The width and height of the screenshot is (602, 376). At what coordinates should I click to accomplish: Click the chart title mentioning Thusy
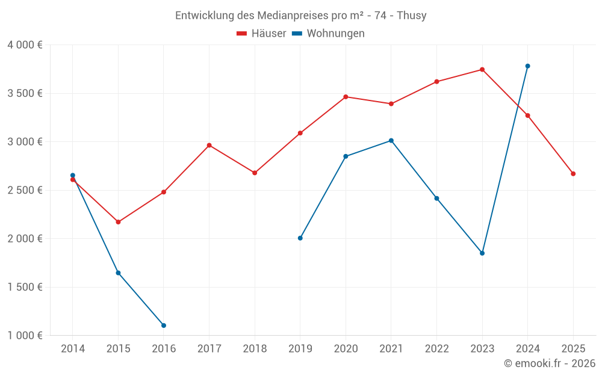click(x=300, y=16)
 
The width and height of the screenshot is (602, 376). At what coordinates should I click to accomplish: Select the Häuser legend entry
click(x=261, y=34)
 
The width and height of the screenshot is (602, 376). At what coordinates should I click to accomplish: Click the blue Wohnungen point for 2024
click(x=527, y=66)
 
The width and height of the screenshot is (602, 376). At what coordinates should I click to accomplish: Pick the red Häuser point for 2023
click(x=482, y=70)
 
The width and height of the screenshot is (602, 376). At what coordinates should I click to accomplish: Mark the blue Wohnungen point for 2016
click(x=164, y=325)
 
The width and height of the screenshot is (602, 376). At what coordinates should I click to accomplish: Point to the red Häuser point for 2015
click(x=118, y=222)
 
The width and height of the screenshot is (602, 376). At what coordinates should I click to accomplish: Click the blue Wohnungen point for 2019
click(x=300, y=238)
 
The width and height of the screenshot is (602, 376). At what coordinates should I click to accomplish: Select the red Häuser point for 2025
click(x=573, y=174)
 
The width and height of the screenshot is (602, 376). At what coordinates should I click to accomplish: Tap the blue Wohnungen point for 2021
click(x=391, y=141)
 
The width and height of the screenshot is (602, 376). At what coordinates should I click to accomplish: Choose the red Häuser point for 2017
click(x=209, y=145)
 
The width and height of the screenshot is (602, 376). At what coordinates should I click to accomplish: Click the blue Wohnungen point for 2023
click(x=482, y=253)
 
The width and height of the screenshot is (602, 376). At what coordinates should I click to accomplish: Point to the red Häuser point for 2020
click(x=346, y=97)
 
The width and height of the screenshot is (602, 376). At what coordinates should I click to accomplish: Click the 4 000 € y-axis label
click(x=25, y=45)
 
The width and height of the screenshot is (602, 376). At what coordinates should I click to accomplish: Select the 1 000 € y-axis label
click(x=25, y=336)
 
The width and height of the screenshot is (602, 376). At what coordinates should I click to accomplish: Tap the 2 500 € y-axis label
click(x=25, y=190)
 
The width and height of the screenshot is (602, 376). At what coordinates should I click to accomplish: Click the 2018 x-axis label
click(x=255, y=349)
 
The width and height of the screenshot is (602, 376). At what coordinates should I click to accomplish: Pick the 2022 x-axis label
click(x=436, y=349)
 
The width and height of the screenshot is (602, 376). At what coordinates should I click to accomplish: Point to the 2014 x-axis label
click(x=73, y=349)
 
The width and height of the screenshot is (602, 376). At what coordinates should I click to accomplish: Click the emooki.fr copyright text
click(x=549, y=363)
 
